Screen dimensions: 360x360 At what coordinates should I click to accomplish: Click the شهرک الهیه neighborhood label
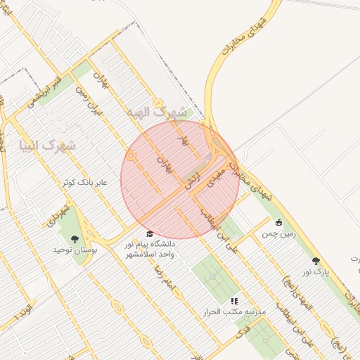coord(159,112)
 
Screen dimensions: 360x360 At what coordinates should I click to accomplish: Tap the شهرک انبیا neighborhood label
coord(49,146)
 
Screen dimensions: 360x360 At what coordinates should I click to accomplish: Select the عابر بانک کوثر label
coord(84,182)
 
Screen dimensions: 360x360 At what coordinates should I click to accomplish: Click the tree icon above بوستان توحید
coord(75,238)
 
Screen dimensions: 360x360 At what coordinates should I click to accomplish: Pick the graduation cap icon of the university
coord(149,234)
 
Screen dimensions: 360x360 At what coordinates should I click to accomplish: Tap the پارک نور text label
coord(316,271)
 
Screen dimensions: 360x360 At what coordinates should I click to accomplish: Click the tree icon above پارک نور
coord(316,261)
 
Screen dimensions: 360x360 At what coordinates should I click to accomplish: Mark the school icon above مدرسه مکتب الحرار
coord(234,301)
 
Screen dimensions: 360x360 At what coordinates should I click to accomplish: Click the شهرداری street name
coord(59,215)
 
